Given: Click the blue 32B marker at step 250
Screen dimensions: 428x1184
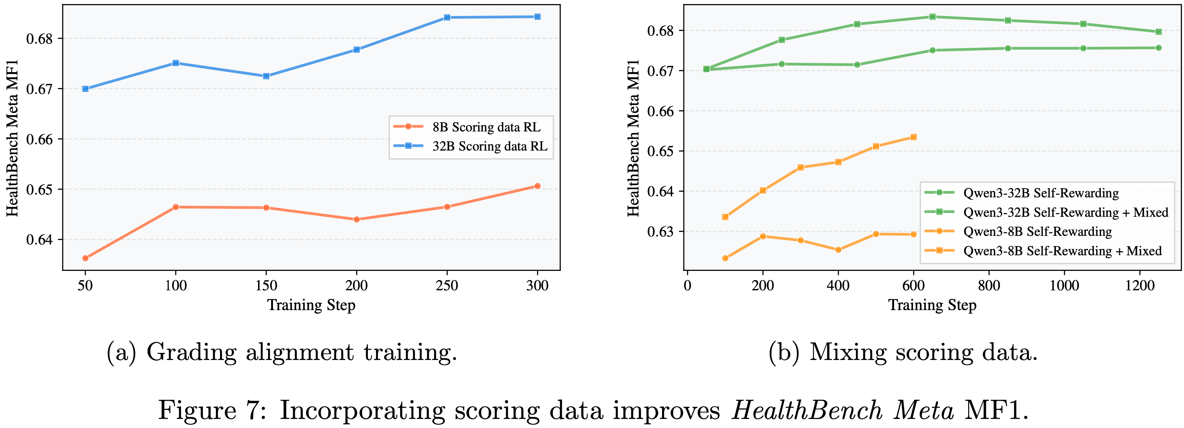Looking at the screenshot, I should tap(447, 17).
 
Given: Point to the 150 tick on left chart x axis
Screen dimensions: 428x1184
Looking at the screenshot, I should tap(266, 286).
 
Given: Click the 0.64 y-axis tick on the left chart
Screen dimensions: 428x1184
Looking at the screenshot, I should tap(39, 240).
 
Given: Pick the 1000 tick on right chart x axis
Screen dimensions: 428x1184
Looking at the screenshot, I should tap(1064, 286).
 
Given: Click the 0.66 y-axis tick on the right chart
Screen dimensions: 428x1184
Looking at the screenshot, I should tap(660, 111).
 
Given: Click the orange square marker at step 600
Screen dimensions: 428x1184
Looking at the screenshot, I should tap(913, 137).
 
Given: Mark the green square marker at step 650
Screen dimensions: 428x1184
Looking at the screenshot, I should tap(932, 17).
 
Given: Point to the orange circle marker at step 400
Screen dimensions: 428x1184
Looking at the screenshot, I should tap(838, 250).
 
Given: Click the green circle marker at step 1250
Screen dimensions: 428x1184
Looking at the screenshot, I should tap(1158, 48).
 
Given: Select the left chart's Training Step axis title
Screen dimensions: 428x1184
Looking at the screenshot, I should tap(311, 305).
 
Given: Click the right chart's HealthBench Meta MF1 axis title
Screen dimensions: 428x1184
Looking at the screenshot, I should tap(633, 138).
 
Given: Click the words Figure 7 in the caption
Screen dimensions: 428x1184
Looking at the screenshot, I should tap(211, 411).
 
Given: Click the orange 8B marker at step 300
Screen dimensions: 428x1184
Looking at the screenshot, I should tap(537, 186).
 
